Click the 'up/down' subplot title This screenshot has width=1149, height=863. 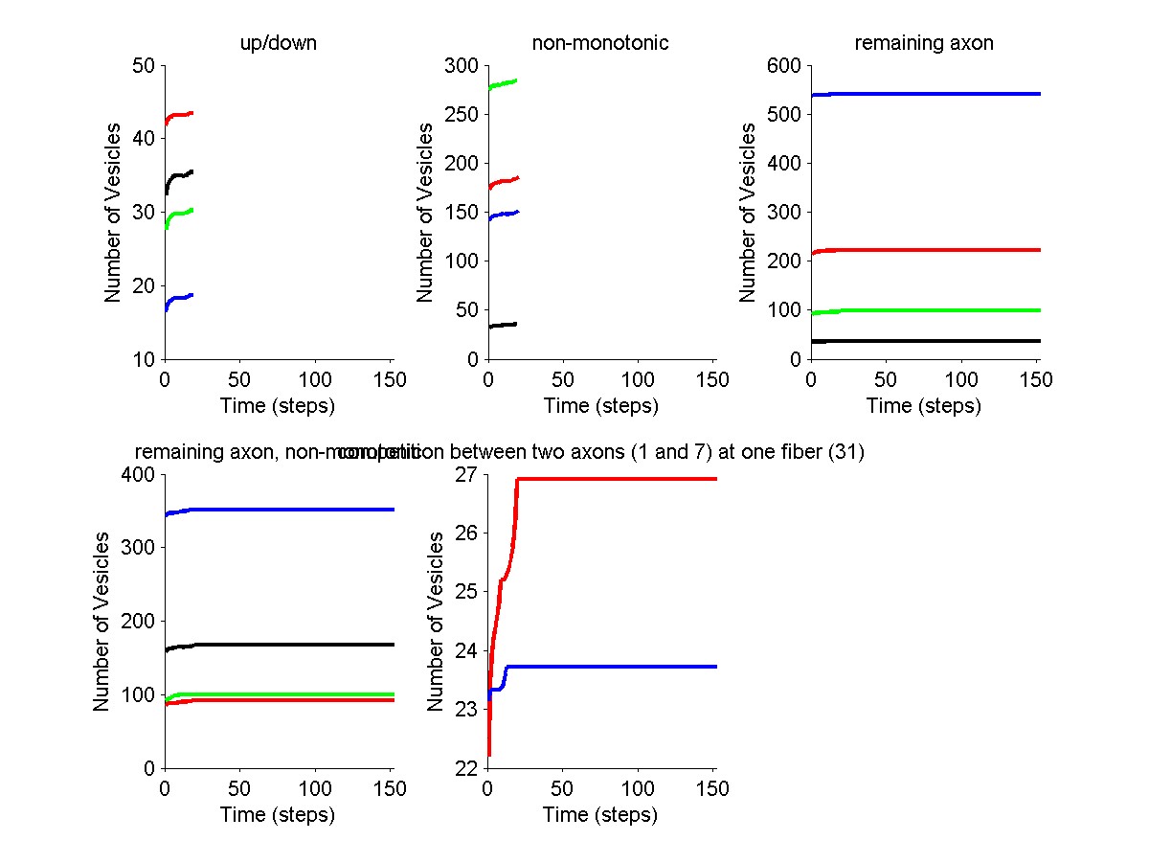point(277,44)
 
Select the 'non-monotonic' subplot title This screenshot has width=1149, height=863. point(599,44)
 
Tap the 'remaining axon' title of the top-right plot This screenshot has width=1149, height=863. point(924,44)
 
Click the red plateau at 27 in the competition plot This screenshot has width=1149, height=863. point(622,479)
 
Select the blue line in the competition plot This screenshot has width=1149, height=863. point(622,667)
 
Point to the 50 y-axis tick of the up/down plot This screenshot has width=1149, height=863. point(144,66)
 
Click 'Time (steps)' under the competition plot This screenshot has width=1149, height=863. point(600,815)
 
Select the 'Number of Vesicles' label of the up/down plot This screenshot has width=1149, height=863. point(113,212)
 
